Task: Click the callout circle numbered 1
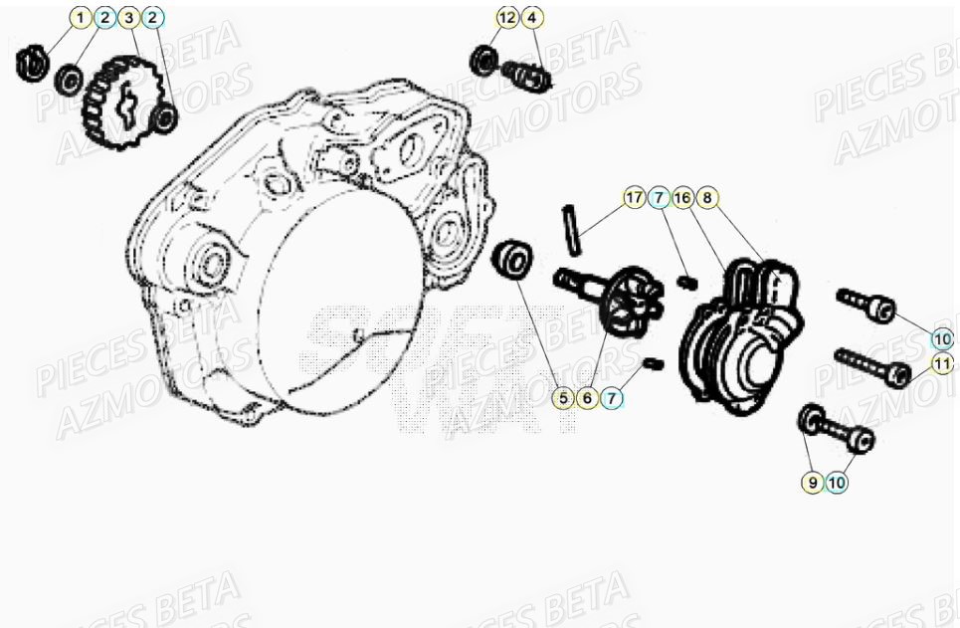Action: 81,18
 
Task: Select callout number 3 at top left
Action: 127,18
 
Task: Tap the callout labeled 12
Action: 507,18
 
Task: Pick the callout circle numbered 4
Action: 531,18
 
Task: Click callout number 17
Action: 634,197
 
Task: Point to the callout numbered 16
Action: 681,197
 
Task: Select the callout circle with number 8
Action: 705,197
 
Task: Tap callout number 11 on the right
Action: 941,364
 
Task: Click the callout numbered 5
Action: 564,398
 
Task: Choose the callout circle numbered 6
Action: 588,398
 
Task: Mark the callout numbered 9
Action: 813,483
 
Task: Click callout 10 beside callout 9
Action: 837,483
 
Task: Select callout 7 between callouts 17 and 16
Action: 658,197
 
